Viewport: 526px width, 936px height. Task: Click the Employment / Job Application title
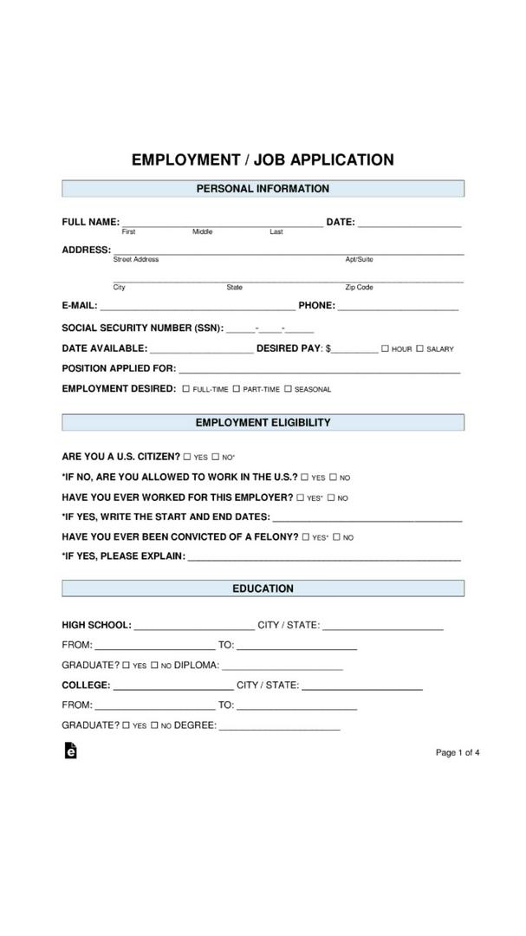(263, 160)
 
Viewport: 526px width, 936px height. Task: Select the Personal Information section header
(263, 189)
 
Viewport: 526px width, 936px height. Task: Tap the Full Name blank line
(222, 224)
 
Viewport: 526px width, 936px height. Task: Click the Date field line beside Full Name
(409, 224)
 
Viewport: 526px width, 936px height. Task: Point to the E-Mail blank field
(198, 307)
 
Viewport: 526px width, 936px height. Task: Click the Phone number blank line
(398, 307)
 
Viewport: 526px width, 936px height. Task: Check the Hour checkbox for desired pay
(385, 348)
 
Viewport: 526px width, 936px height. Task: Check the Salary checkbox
(419, 348)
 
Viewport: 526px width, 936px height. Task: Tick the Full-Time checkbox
(185, 389)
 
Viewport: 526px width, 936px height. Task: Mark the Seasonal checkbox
(288, 389)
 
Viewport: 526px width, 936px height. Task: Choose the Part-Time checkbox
(236, 389)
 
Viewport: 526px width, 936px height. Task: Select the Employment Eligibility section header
(263, 423)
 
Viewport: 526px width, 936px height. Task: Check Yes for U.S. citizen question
(186, 457)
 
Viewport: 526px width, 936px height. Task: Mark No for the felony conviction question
(336, 537)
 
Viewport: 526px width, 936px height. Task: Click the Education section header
(263, 588)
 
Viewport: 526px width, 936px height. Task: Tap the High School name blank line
(194, 627)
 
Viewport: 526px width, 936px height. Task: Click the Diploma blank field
(282, 667)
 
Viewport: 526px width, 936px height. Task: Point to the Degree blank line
(279, 728)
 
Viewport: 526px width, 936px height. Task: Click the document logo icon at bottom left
(70, 751)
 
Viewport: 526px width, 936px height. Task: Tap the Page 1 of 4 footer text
(458, 752)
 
